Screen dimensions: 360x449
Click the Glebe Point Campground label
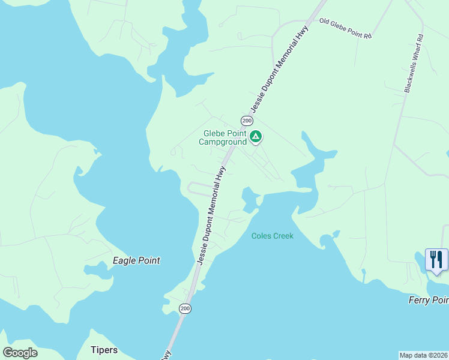click(x=225, y=138)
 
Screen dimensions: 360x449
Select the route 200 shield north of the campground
click(x=247, y=121)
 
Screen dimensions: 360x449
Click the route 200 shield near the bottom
click(x=185, y=308)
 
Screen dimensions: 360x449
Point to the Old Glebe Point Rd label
click(x=346, y=28)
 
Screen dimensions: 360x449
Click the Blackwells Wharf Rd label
click(x=414, y=62)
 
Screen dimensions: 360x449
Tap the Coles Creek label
click(x=273, y=236)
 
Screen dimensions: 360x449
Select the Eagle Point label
click(x=137, y=260)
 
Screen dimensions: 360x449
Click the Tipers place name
click(x=104, y=350)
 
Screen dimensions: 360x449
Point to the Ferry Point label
click(x=428, y=300)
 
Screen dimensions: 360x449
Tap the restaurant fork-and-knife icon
click(x=436, y=260)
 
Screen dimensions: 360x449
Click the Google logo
click(x=20, y=352)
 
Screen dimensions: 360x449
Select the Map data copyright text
click(x=423, y=355)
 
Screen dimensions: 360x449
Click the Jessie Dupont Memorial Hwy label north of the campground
click(x=280, y=68)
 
